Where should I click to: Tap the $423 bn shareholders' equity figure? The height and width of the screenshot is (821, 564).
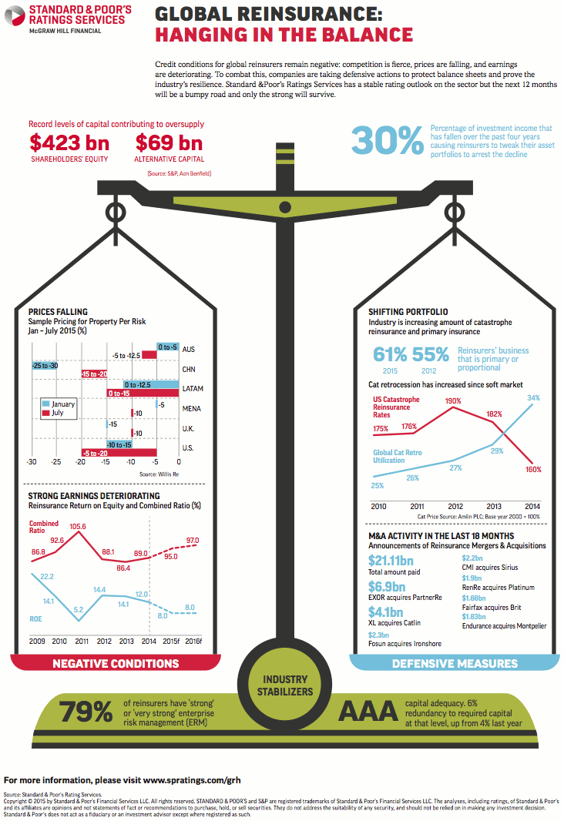tap(69, 142)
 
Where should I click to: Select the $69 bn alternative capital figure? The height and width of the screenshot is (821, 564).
tap(169, 142)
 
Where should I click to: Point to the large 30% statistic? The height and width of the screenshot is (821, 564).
tap(386, 140)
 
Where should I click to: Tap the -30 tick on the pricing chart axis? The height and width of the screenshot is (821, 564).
tap(32, 463)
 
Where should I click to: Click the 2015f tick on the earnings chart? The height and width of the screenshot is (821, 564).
tap(172, 641)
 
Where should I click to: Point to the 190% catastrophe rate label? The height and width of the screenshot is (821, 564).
tap(452, 400)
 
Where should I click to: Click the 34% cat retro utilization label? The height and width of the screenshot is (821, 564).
tap(533, 398)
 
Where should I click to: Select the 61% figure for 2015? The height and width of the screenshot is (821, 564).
tap(390, 354)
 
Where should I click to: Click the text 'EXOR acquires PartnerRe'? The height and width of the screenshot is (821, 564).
tap(405, 598)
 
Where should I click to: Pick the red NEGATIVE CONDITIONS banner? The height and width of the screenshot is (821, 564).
tap(116, 663)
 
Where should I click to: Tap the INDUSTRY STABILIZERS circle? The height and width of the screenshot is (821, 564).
tap(285, 685)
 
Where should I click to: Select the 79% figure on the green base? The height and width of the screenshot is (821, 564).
tap(86, 712)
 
